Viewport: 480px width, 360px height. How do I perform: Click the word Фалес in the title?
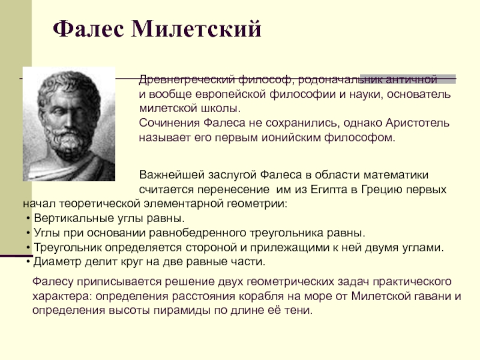[x=88, y=29]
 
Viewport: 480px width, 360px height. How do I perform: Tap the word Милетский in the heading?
[x=197, y=29]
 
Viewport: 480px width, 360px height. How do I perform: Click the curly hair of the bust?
[x=69, y=89]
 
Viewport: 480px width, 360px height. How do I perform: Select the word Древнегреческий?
[x=187, y=80]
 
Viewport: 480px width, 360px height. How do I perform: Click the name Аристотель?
[x=418, y=123]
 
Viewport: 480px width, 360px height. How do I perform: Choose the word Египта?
[x=329, y=190]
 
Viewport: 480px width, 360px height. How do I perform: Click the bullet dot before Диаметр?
[x=28, y=262]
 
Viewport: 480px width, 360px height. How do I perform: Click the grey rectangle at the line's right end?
[x=408, y=79]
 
